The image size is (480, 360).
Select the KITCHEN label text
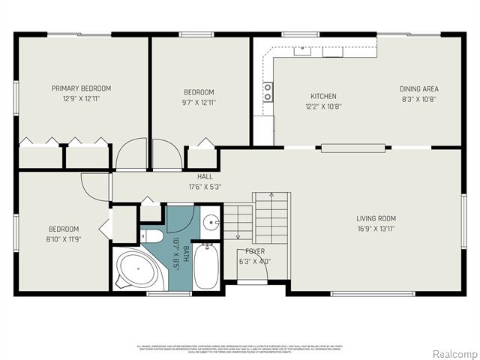pyautogui.click(x=323, y=96)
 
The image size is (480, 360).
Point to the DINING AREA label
pyautogui.click(x=418, y=88)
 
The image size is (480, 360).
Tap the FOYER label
pyautogui.click(x=255, y=252)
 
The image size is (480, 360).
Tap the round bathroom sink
pyautogui.click(x=211, y=223)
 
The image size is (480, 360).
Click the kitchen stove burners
pyautogui.click(x=268, y=91)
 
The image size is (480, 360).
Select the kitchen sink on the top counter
pyautogui.click(x=303, y=51)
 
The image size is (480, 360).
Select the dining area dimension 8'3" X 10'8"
pyautogui.click(x=418, y=98)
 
